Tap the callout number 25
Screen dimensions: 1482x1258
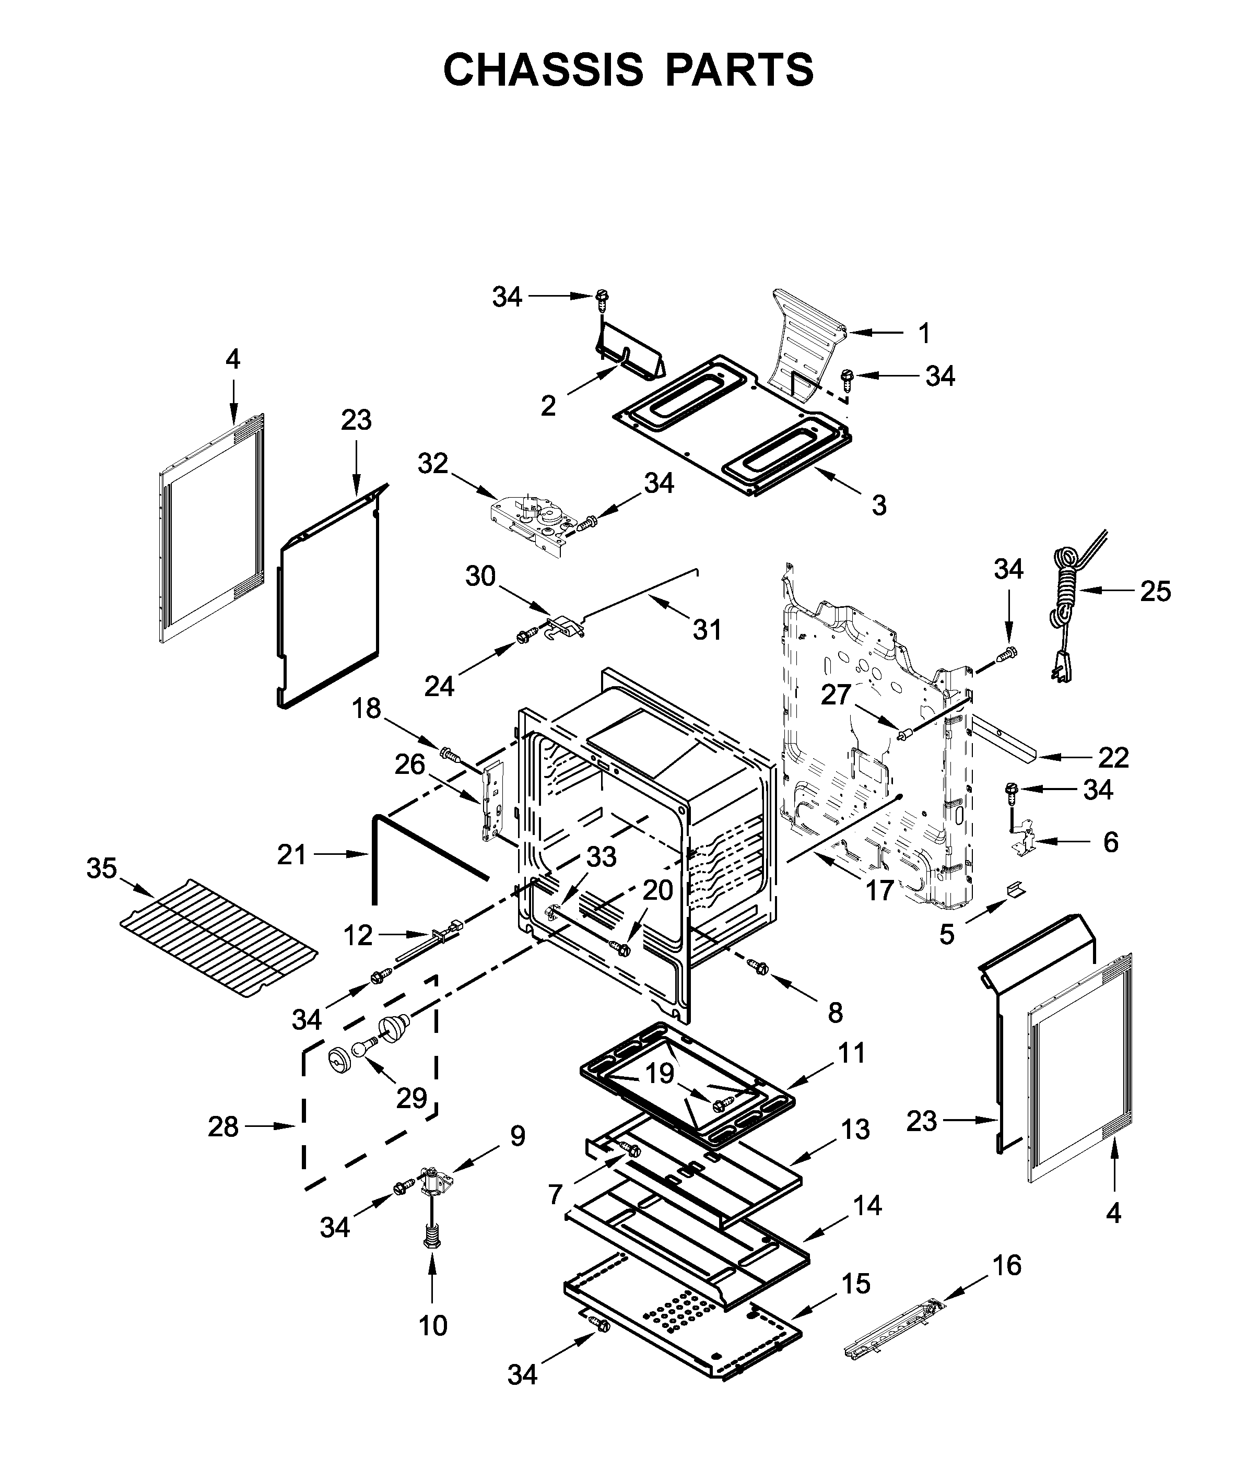[x=1155, y=591]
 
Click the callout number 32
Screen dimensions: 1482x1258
[x=433, y=464]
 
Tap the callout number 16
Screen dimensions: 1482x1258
[x=1007, y=1265]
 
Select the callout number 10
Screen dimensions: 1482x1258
[x=433, y=1325]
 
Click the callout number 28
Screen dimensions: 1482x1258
[x=222, y=1127]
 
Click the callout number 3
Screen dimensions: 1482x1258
[x=879, y=505]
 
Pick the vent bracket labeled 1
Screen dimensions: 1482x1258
[x=809, y=343]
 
